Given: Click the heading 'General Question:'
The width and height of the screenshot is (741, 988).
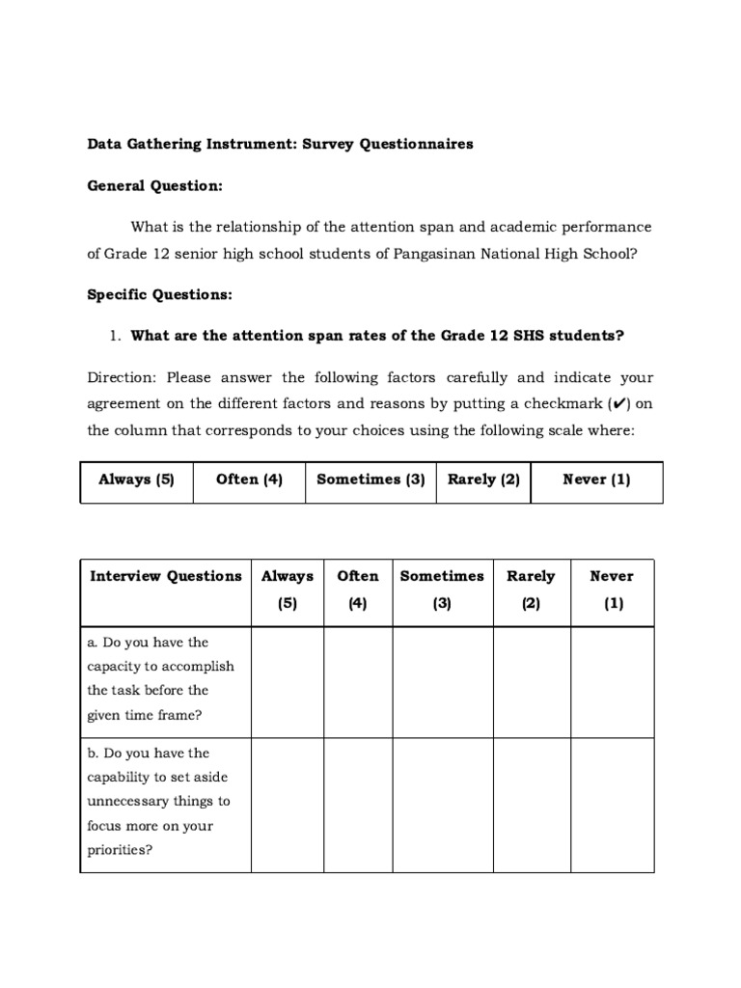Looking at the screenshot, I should coord(154,185).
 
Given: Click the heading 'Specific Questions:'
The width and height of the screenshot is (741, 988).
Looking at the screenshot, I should coord(159,293).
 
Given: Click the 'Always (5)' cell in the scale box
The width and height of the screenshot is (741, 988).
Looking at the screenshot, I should coord(136,480).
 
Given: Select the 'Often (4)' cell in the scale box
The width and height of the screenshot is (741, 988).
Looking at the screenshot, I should coord(249,480).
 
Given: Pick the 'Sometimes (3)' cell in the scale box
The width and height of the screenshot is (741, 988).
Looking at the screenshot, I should coord(370,480).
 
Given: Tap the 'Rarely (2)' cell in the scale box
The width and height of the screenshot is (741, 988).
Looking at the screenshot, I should coord(483,480).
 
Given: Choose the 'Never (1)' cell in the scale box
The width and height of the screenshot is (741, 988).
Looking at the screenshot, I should coord(596,480).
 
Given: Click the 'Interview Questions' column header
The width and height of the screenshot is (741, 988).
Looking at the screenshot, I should coord(166,576).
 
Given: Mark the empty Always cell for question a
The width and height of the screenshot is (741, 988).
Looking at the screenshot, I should coord(287,682).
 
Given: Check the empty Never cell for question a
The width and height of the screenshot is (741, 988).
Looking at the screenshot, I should coord(612,682).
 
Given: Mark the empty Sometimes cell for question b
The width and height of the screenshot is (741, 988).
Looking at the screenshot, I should coord(442,805).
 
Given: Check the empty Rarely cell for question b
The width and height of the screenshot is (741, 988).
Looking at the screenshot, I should coord(531,805).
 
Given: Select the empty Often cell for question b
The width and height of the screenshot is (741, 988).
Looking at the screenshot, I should coord(358,805).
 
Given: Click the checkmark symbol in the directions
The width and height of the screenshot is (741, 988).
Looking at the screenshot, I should coord(616,404).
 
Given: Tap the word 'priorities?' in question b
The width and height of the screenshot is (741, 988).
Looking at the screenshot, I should coord(121,850).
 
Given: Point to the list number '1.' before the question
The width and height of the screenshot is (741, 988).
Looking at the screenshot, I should coord(114,336).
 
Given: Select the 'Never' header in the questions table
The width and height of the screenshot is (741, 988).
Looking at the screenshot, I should coord(612,576).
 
